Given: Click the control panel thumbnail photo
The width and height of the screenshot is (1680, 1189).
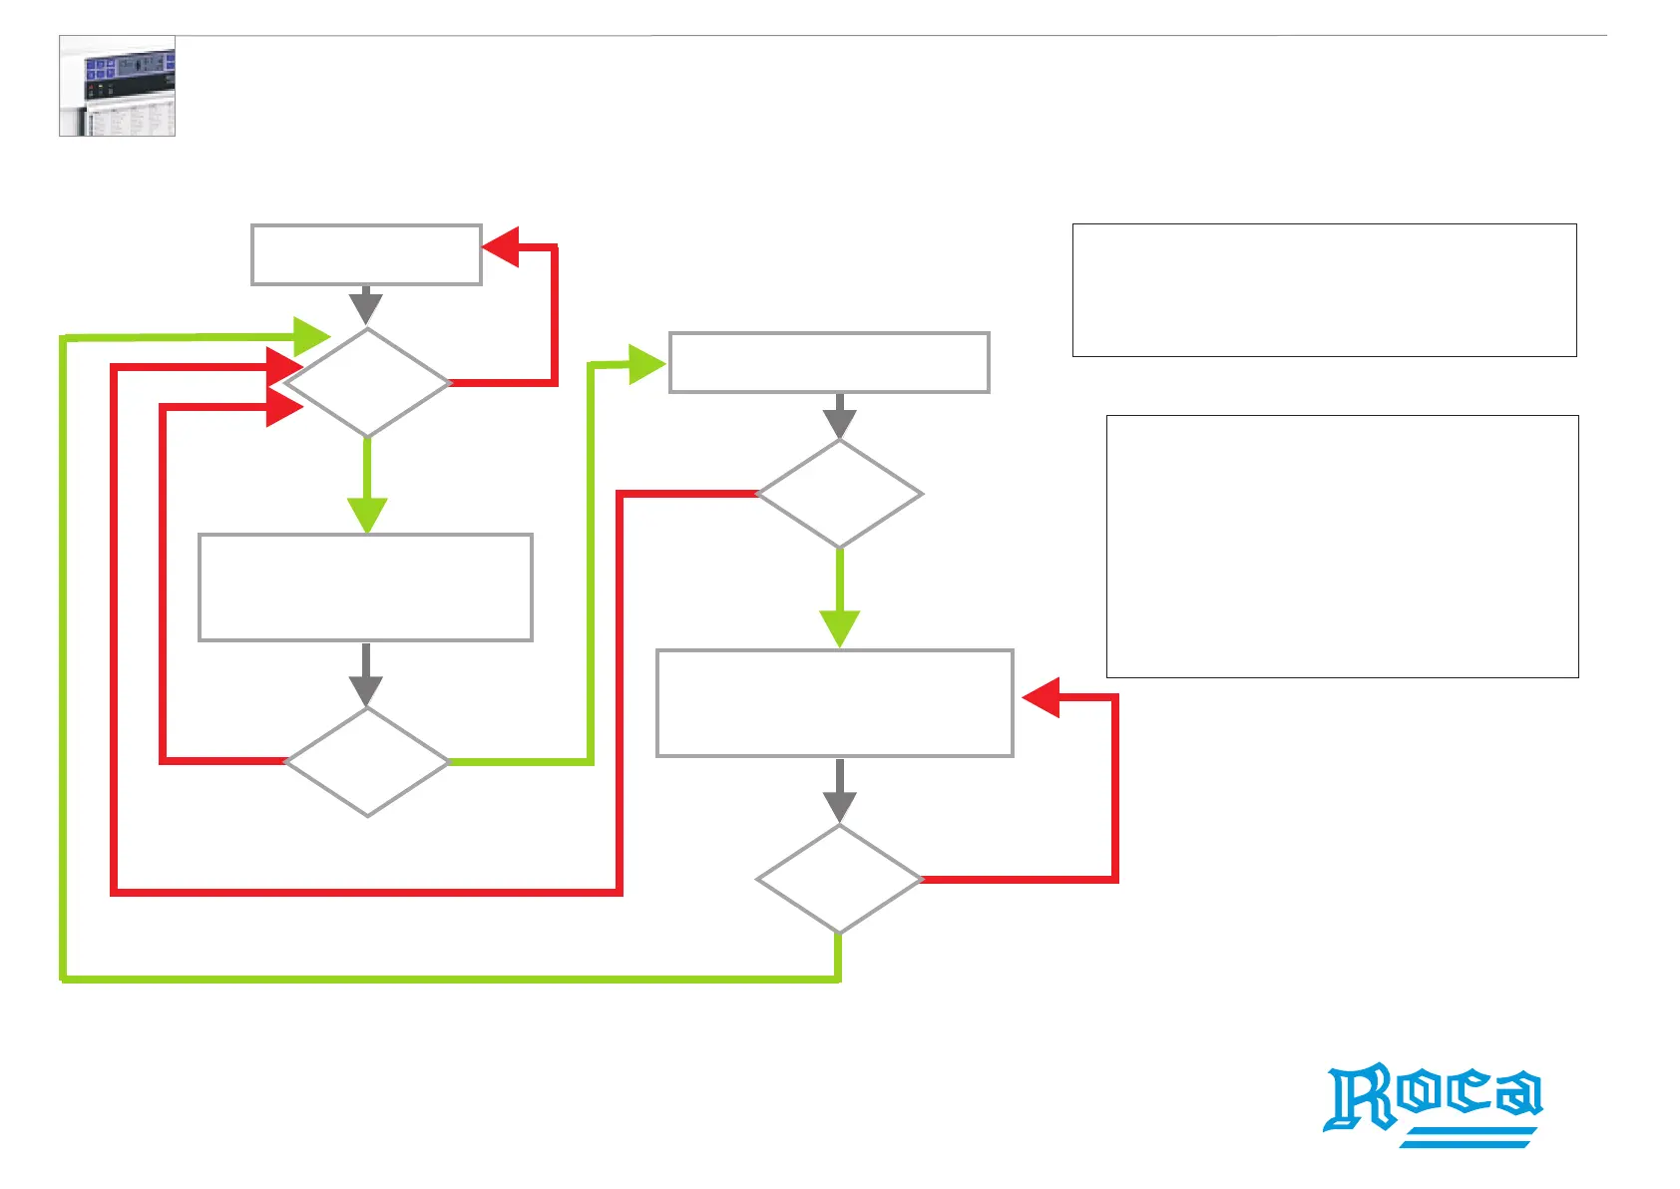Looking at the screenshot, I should (x=118, y=86).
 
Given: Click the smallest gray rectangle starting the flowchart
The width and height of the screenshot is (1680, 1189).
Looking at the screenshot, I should (x=366, y=255).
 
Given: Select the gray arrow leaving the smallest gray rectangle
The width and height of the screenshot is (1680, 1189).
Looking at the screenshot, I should (x=366, y=305).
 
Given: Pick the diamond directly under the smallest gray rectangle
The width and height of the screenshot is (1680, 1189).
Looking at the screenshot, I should (x=367, y=383).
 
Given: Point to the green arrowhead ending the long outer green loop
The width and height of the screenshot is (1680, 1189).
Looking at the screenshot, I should (x=311, y=336).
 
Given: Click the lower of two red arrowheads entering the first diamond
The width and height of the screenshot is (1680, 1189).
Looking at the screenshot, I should (x=284, y=407).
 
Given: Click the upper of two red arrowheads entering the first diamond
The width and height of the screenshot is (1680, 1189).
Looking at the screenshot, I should (x=284, y=367).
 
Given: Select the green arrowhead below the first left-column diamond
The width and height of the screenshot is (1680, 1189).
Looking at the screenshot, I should (x=367, y=515).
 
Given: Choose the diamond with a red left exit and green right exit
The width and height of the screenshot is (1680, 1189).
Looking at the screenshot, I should (x=367, y=762).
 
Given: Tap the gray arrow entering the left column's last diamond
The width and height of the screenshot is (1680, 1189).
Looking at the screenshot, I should (x=366, y=675).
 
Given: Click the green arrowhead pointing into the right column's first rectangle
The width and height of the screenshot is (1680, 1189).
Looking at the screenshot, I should (x=646, y=364).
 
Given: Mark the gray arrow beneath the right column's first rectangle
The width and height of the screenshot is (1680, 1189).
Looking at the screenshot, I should (x=840, y=416).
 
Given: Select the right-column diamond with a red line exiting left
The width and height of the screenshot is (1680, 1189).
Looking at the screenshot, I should (x=840, y=494).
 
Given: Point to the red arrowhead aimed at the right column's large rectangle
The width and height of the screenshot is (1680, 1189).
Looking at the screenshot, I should (x=1042, y=697).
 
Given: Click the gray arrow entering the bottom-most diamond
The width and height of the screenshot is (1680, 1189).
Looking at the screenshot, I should (x=840, y=792).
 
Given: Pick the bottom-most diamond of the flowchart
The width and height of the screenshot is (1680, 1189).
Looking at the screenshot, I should (x=840, y=880).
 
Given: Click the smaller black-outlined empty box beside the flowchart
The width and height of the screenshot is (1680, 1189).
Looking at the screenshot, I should (x=1324, y=290).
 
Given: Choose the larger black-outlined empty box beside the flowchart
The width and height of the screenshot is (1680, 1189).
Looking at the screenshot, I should (x=1342, y=547).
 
